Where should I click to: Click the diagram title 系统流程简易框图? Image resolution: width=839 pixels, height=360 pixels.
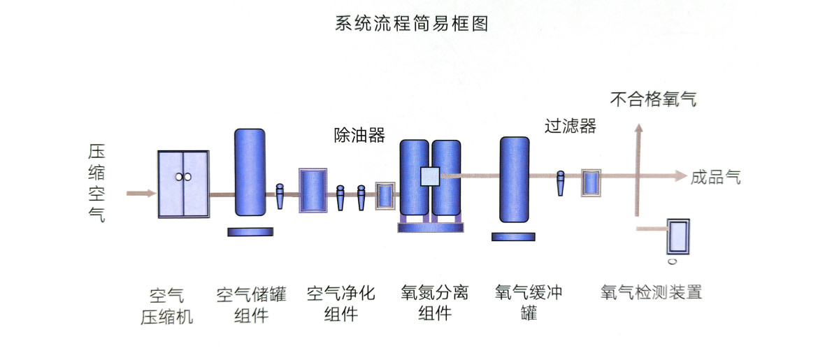(x=411, y=24)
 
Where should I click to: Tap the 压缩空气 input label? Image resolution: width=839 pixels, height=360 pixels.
(x=96, y=183)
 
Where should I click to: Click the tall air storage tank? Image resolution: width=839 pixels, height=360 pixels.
(x=250, y=172)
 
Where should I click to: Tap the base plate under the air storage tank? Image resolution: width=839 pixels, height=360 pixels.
(x=250, y=231)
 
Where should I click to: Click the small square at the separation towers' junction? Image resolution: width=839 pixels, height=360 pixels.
(x=429, y=177)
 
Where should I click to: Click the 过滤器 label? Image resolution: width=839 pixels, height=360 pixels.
(x=570, y=126)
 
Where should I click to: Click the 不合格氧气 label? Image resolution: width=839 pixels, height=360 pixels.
(x=653, y=99)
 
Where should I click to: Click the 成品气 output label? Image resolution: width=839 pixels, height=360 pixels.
(x=715, y=178)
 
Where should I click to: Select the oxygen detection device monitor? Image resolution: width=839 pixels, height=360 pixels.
(x=677, y=238)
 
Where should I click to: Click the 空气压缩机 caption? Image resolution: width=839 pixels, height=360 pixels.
(x=166, y=305)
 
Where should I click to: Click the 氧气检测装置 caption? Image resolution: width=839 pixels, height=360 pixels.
(x=650, y=291)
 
